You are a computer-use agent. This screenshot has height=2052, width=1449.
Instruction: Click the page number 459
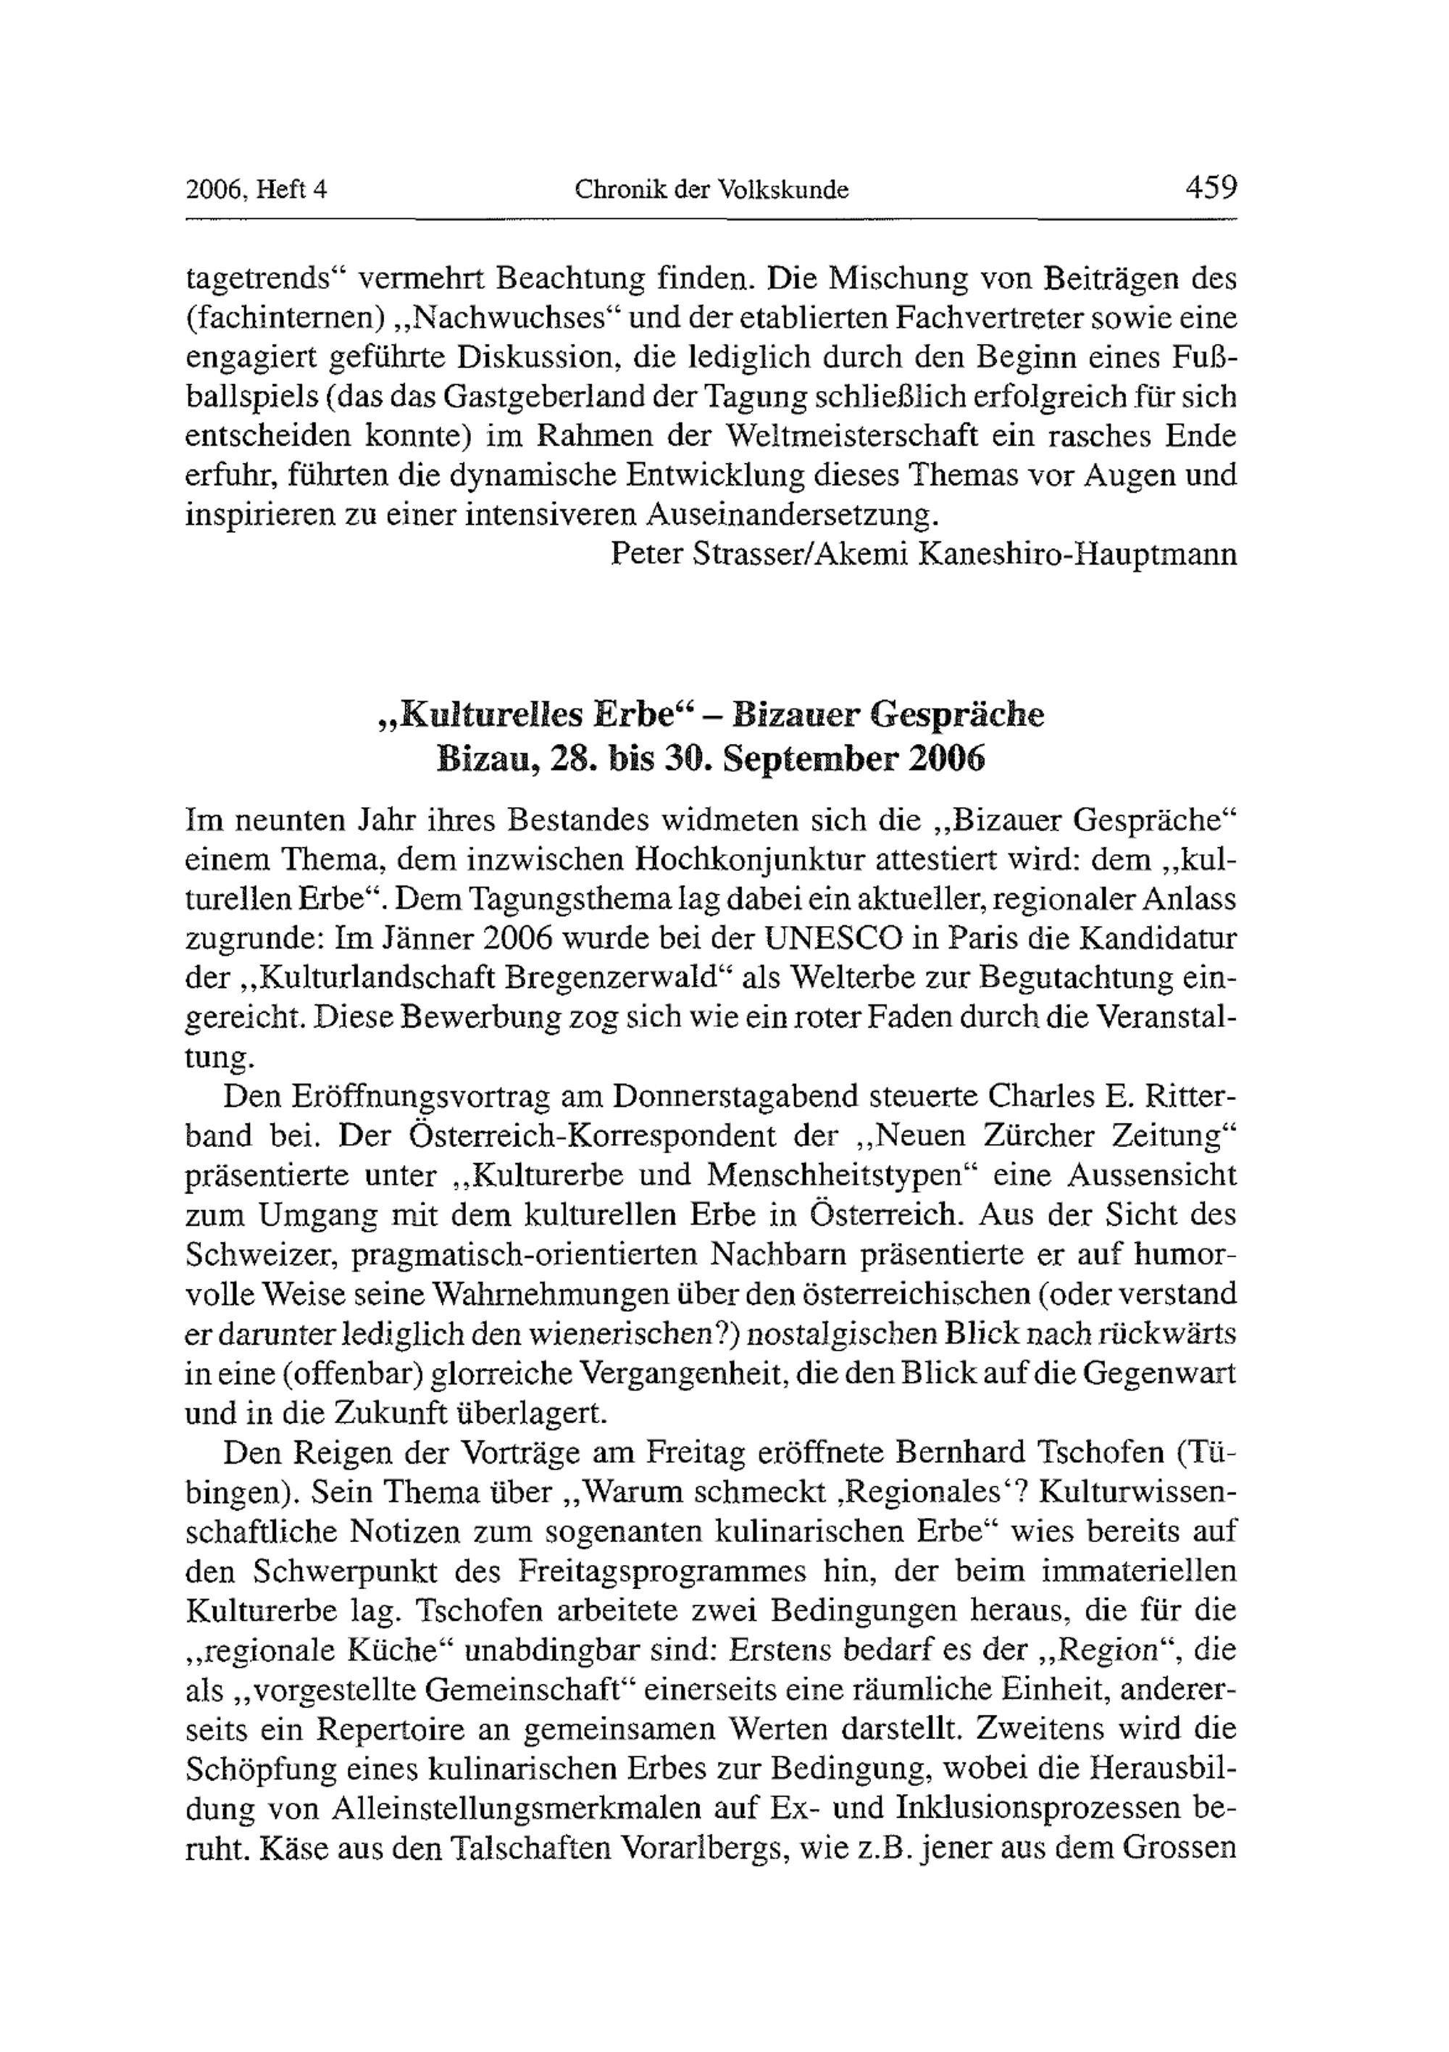(1211, 188)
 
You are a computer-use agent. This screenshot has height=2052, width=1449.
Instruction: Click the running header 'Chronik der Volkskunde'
(711, 191)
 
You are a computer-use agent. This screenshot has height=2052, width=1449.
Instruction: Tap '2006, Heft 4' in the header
(256, 191)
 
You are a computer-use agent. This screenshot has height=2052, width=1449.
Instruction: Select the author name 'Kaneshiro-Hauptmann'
(1078, 554)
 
